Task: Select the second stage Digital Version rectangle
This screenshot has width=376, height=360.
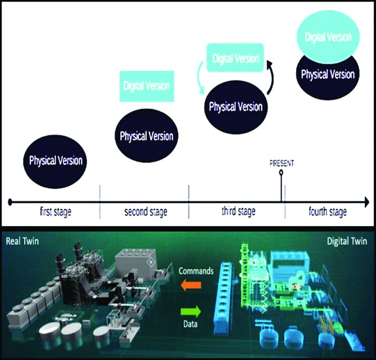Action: coord(146,86)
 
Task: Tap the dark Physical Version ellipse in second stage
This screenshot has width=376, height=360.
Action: coord(147,136)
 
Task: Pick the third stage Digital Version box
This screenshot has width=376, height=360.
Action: coord(236,58)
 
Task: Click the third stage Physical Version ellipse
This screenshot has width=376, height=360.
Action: coord(236,107)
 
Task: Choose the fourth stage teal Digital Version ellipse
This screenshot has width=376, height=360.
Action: coord(328,36)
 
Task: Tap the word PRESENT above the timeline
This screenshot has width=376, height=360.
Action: coord(281,163)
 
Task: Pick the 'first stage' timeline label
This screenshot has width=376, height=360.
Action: coord(56,211)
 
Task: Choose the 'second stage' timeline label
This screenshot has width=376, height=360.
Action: coord(146,211)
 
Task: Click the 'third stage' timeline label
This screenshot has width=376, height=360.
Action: coord(238,211)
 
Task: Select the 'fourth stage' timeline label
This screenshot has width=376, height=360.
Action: coord(327,211)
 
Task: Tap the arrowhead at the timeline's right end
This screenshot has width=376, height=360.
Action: coord(365,203)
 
